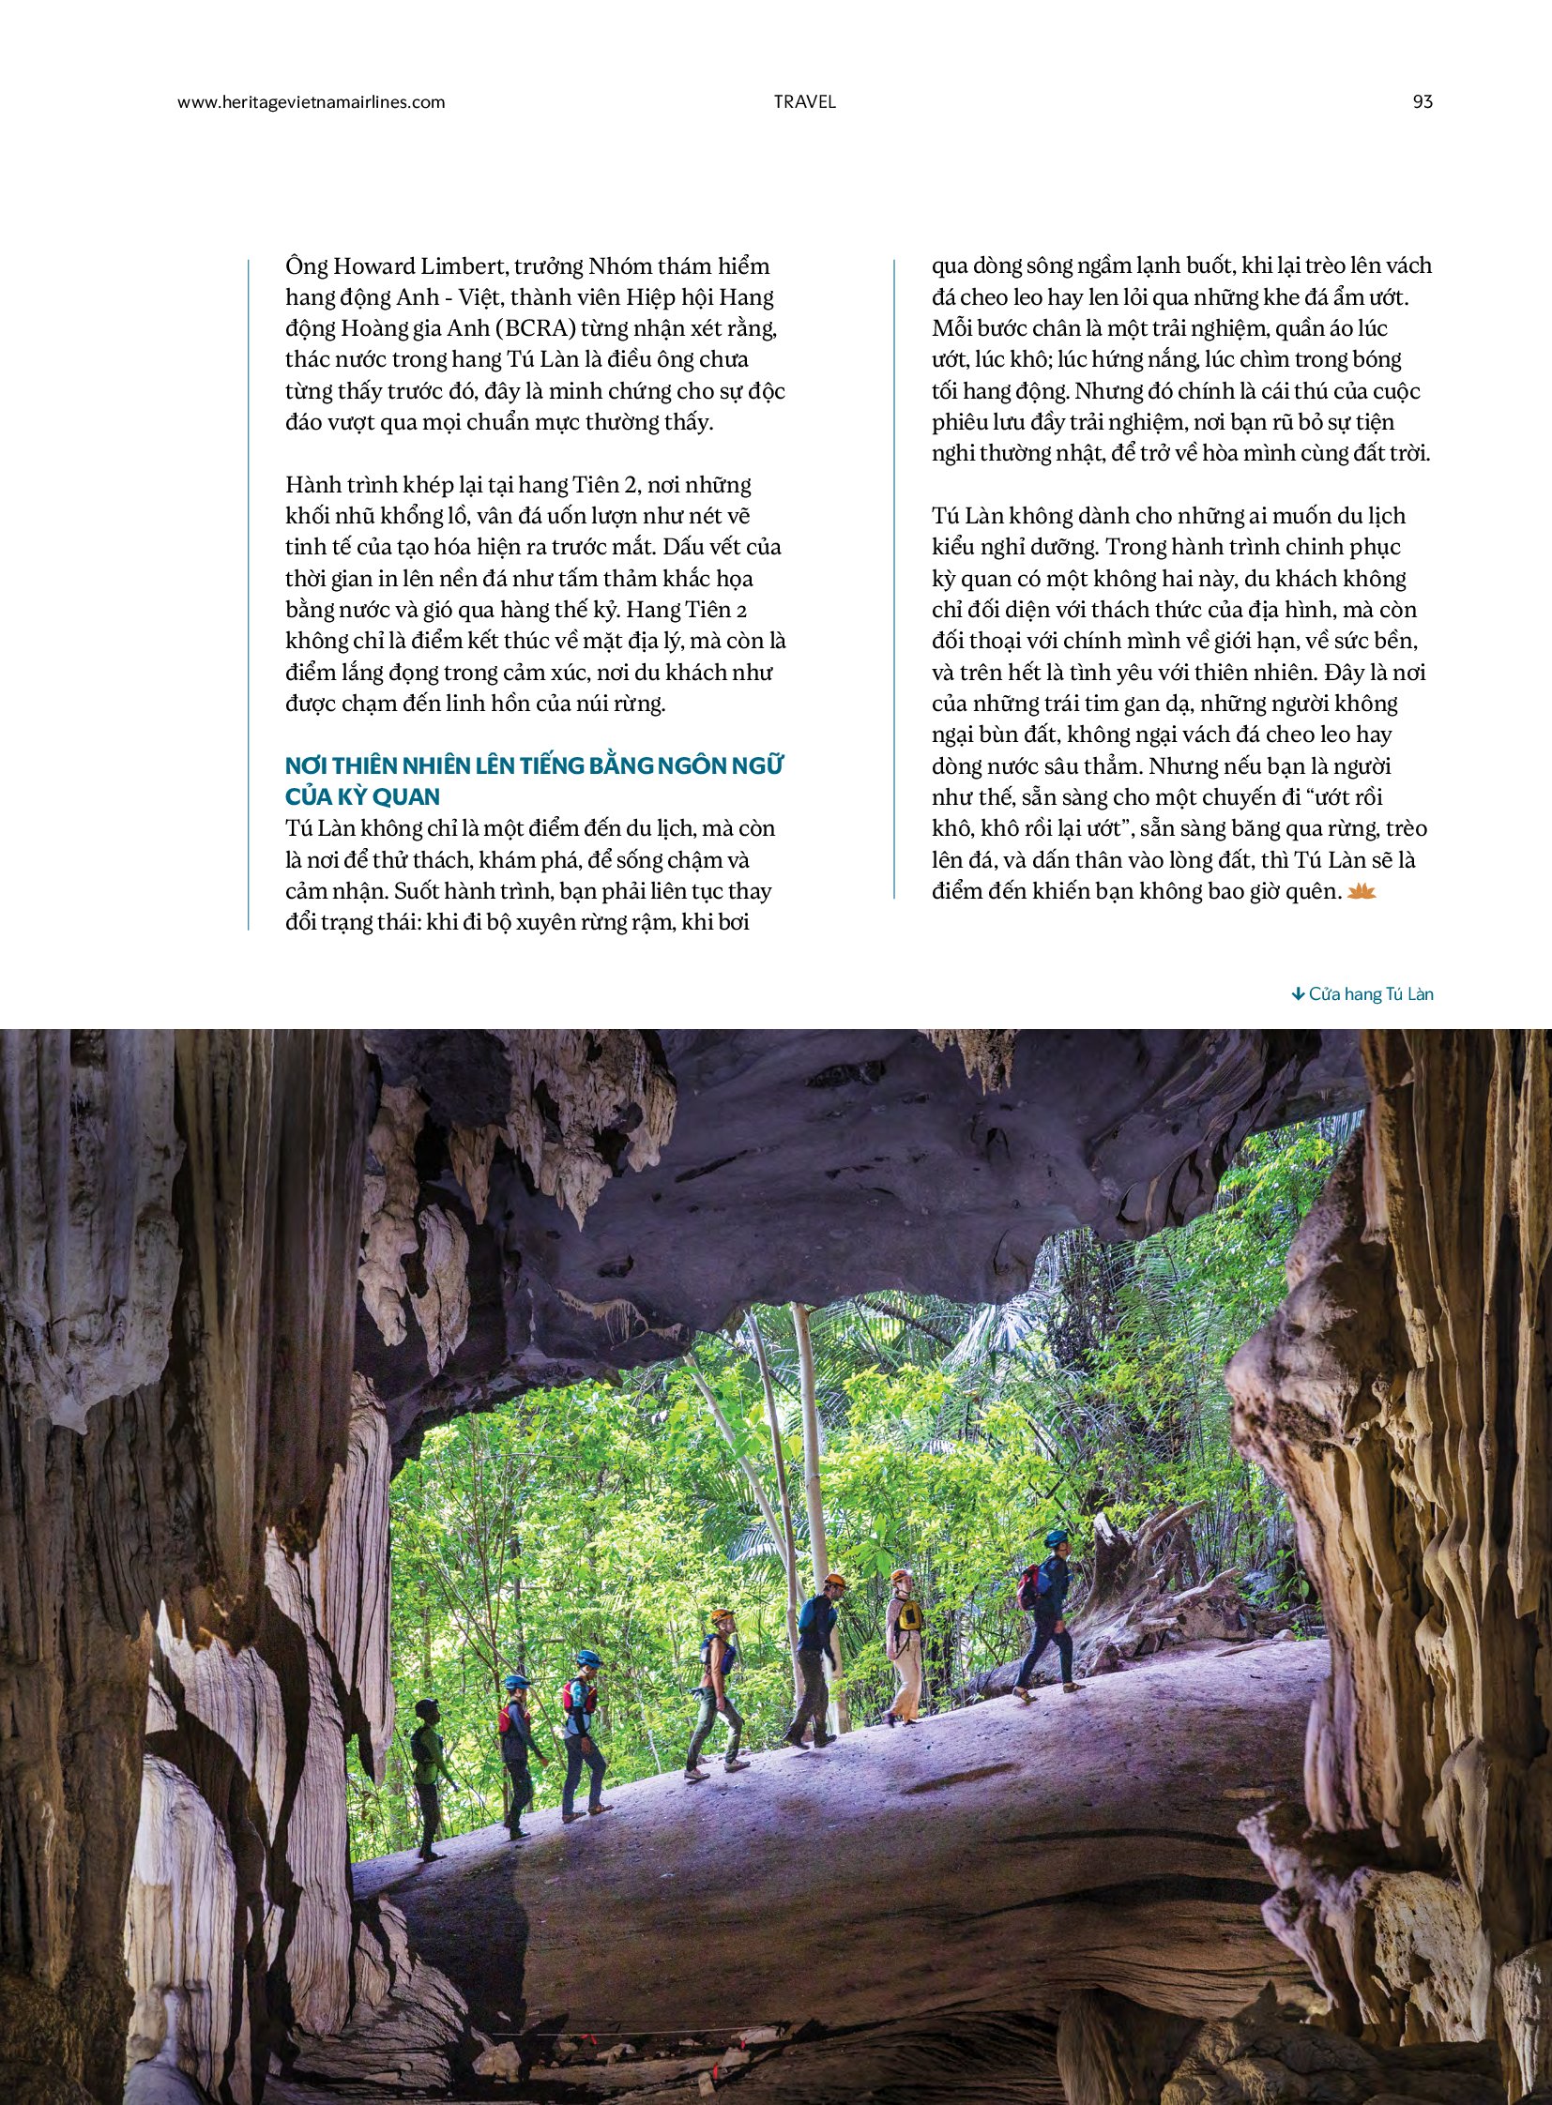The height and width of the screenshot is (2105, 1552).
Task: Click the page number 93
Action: [1423, 101]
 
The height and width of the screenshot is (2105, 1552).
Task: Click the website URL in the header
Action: [311, 101]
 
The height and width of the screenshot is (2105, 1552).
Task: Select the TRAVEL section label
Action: [804, 101]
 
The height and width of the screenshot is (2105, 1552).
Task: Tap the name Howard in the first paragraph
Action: [379, 265]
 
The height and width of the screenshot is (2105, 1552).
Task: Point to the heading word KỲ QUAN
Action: [395, 796]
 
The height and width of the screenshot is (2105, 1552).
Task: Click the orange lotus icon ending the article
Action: [1362, 890]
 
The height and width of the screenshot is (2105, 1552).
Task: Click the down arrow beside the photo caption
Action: [1298, 993]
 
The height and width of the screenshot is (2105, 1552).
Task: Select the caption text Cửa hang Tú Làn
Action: [1371, 993]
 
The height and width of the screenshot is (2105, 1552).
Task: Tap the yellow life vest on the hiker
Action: [907, 1614]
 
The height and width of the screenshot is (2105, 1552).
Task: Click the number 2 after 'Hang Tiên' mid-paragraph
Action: [741, 610]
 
